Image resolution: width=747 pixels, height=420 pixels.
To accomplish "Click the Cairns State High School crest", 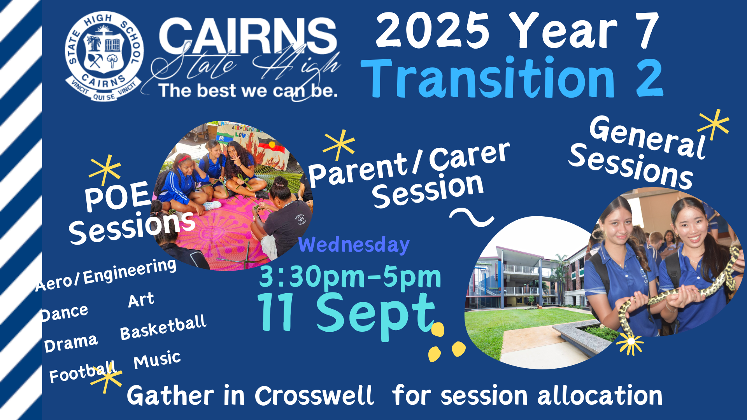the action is pos(104,57).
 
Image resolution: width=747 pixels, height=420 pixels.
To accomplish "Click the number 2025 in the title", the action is pos(432,30).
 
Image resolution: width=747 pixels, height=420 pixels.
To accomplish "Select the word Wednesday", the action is pos(354,245).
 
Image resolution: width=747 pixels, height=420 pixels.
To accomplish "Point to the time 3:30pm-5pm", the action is pos(350,277).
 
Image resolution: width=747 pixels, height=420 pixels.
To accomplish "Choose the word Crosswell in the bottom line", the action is pos(314,396).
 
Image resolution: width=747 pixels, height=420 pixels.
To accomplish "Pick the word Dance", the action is pos(65,313).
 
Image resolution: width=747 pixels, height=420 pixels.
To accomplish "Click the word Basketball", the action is pos(163,327).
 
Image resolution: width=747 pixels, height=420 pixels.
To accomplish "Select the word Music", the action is pos(157,360).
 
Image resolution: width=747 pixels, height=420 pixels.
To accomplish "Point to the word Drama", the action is pos(70,343).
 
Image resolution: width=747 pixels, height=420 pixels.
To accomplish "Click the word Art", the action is pos(141,300).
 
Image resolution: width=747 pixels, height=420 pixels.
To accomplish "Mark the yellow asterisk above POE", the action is pos(105,170).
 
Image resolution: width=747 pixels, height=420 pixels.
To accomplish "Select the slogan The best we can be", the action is pos(248,91).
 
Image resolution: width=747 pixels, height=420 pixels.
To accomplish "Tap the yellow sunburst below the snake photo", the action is pos(630,342).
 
